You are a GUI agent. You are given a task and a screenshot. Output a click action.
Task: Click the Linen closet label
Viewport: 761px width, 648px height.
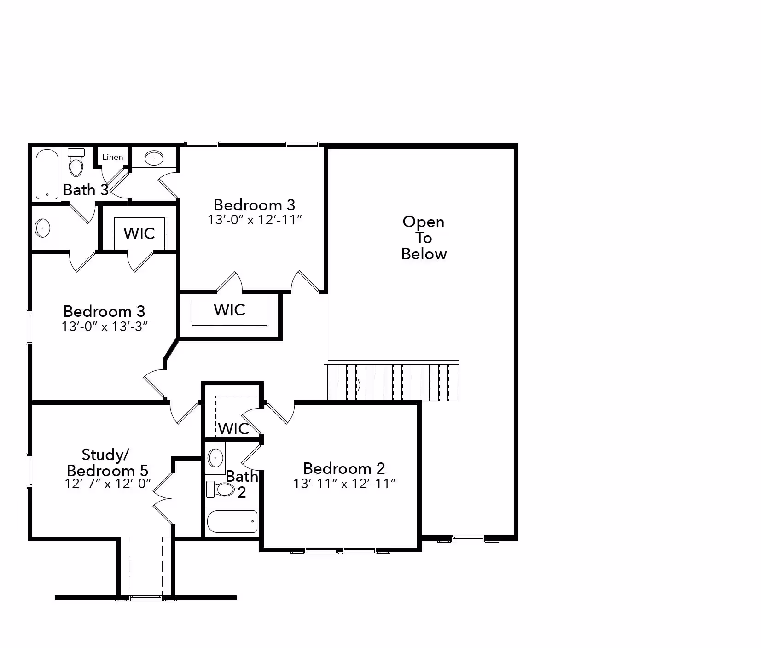click(113, 157)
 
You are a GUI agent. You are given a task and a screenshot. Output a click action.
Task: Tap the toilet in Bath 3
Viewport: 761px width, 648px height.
click(76, 162)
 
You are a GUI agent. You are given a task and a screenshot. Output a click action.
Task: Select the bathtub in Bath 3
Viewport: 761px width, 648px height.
click(47, 174)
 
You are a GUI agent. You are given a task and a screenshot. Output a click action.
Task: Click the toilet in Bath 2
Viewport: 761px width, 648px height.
click(221, 489)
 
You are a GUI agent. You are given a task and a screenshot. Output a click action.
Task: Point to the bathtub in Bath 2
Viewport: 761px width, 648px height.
click(232, 521)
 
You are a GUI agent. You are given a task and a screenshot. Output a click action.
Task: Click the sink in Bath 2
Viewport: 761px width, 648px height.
click(215, 458)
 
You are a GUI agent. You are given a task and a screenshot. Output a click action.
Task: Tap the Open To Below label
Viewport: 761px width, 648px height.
click(424, 238)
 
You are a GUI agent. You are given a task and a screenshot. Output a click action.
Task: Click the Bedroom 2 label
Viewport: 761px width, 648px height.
click(344, 468)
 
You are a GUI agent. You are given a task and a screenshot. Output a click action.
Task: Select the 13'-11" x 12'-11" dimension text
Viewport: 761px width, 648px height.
click(345, 484)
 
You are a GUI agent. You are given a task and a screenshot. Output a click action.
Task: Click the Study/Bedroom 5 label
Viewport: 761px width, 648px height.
click(107, 462)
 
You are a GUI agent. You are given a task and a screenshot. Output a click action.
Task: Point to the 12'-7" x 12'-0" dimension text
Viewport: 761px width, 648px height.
click(108, 484)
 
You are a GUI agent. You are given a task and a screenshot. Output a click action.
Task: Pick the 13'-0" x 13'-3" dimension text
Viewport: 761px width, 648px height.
click(105, 327)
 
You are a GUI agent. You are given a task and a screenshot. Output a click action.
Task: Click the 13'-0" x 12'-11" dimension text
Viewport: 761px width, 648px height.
click(255, 220)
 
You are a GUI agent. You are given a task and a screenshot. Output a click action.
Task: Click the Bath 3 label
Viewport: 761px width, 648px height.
click(86, 190)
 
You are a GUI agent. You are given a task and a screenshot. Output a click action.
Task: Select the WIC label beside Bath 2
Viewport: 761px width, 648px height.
click(233, 429)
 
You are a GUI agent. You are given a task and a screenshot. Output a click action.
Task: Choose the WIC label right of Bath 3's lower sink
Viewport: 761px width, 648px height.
click(139, 234)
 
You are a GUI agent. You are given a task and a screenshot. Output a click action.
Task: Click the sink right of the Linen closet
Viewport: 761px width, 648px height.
click(154, 158)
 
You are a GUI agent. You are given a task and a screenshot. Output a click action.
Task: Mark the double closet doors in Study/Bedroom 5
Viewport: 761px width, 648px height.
click(162, 498)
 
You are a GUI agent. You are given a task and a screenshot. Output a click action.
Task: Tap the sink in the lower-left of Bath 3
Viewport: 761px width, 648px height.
click(42, 228)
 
